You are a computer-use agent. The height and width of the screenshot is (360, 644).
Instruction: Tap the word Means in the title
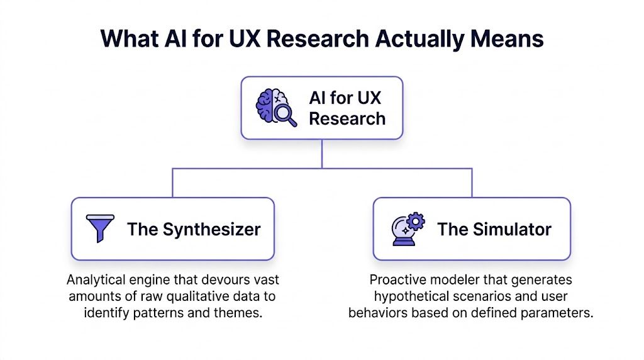point(508,38)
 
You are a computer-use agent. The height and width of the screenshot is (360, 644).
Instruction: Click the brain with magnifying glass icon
point(275,108)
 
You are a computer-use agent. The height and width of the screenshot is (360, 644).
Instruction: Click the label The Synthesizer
point(193,229)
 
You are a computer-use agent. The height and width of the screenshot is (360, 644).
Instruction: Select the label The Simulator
point(494,229)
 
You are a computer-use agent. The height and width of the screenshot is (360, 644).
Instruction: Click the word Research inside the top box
point(347,118)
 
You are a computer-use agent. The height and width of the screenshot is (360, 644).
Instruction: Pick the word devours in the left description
point(227,279)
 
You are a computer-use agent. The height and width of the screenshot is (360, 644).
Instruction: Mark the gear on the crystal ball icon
point(416,221)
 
